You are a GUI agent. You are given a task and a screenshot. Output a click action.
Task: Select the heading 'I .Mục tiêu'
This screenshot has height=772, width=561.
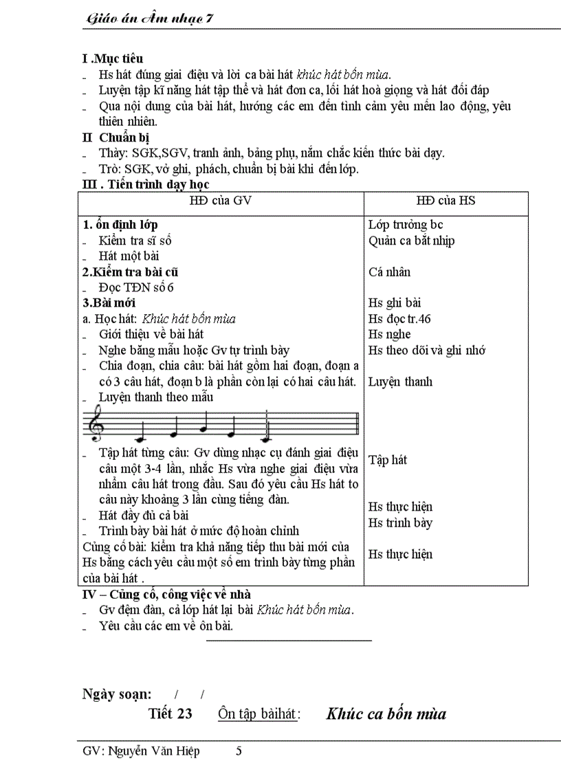[113, 59]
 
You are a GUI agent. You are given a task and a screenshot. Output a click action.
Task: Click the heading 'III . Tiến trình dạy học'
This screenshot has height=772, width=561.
[145, 184]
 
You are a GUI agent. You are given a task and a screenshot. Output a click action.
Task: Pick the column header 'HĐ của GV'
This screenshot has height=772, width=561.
[220, 201]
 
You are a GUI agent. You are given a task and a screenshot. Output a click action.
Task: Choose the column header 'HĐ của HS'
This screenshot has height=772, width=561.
[445, 201]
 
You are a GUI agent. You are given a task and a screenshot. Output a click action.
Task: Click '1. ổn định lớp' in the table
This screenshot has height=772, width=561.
[120, 225]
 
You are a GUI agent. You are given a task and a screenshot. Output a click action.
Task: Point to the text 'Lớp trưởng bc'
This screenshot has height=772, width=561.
[406, 225]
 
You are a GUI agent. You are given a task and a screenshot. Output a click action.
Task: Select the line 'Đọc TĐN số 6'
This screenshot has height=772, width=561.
[136, 287]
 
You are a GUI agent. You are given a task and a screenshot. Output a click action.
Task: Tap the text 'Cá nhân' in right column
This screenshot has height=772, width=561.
[389, 272]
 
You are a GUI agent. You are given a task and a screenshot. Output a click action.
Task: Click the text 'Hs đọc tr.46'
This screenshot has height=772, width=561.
[399, 319]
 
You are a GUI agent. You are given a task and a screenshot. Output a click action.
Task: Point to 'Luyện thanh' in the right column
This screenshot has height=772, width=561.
[400, 382]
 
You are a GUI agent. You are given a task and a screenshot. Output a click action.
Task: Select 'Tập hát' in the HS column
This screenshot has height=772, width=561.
[388, 460]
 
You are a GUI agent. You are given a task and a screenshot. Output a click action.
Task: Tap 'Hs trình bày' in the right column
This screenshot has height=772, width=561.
[400, 523]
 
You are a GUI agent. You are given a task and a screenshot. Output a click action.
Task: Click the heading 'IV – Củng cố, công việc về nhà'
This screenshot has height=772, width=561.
[166, 594]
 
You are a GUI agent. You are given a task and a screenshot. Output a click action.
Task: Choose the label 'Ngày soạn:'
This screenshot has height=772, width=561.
[117, 694]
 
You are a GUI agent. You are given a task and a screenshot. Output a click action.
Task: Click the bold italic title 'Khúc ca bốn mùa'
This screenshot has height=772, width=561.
[386, 714]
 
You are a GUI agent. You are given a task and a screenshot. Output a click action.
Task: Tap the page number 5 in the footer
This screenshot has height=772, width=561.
[239, 751]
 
